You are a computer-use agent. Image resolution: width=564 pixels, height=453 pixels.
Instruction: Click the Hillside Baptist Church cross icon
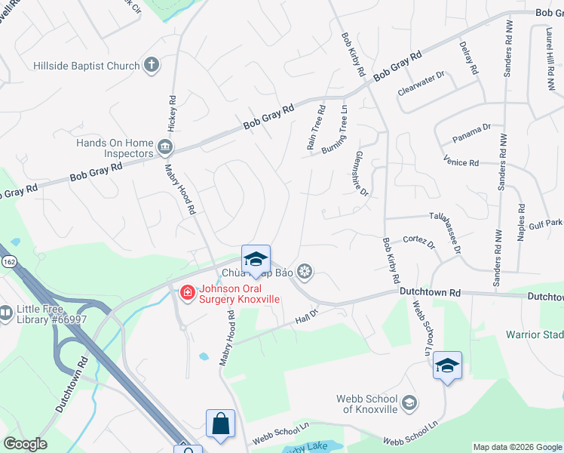(x=152, y=65)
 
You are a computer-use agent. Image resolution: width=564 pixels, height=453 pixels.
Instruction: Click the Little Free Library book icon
(x=5, y=312)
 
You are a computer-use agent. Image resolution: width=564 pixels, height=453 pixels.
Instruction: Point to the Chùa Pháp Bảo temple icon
(x=305, y=271)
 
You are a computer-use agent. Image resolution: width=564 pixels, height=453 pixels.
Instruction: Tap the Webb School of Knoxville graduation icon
(x=409, y=402)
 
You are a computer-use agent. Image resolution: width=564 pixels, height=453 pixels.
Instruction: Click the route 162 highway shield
(x=8, y=260)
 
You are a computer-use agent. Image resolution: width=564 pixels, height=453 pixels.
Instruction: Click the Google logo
(x=25, y=444)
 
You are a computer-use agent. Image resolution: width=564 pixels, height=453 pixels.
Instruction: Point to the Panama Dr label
(x=472, y=134)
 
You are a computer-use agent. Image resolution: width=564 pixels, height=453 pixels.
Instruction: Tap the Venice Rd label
(x=463, y=162)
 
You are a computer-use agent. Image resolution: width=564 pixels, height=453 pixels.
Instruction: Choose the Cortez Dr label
(x=421, y=241)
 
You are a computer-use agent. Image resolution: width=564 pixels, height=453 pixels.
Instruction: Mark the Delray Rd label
(x=468, y=57)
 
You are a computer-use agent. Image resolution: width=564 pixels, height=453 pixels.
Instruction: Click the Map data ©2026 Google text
(x=517, y=446)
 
